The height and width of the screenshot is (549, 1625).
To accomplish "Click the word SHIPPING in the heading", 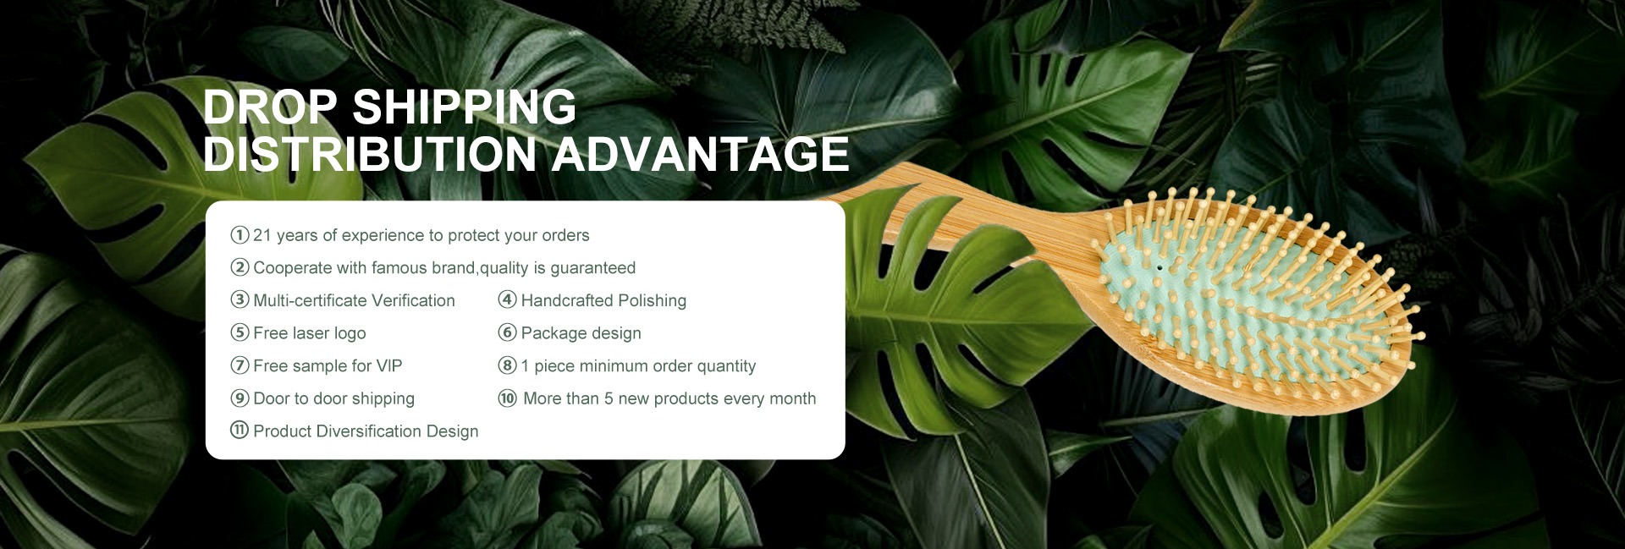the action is [x=464, y=107].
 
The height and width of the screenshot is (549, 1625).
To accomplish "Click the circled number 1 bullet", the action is [x=240, y=234].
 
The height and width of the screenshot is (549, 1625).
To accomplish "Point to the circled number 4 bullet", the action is [x=507, y=299].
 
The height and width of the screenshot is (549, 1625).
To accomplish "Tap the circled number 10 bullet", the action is [x=507, y=398].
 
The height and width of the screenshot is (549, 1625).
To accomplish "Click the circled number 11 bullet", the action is [x=240, y=431].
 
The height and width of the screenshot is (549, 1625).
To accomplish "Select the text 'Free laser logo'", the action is [x=310, y=333].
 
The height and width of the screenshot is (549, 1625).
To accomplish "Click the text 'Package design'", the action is [x=581, y=333].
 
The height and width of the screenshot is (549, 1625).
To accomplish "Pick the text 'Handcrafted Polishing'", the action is [x=603, y=300].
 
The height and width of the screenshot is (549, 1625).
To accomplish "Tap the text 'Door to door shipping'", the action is [x=334, y=398].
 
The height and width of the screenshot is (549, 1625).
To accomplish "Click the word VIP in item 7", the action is [x=389, y=365].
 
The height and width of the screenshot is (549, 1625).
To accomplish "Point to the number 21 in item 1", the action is [x=262, y=235].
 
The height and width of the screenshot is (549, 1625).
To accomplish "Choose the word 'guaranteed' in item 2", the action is [x=593, y=268].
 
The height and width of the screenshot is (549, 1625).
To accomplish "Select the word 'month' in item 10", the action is [x=793, y=398].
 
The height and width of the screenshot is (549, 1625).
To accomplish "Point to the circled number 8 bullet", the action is [x=507, y=365].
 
